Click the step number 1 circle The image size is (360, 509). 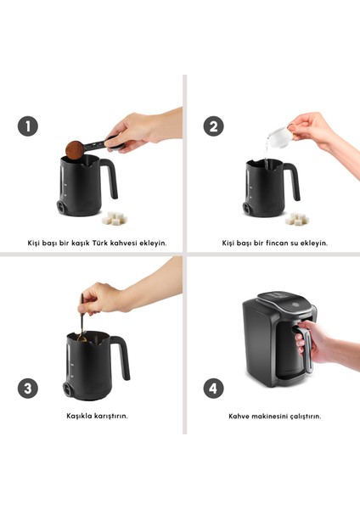[x=28, y=126]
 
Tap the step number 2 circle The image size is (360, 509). [x=213, y=126]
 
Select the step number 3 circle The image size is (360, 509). [x=28, y=389]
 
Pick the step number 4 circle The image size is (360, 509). [x=213, y=389]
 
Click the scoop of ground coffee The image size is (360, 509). [x=75, y=150]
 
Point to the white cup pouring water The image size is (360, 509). [x=279, y=136]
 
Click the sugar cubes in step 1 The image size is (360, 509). [x=114, y=218]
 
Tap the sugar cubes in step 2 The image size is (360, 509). [x=297, y=219]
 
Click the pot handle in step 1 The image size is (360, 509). [x=110, y=178]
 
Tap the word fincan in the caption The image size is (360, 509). [x=275, y=243]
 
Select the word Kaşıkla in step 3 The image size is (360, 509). [x=79, y=416]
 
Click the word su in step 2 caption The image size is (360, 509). [x=290, y=243]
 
